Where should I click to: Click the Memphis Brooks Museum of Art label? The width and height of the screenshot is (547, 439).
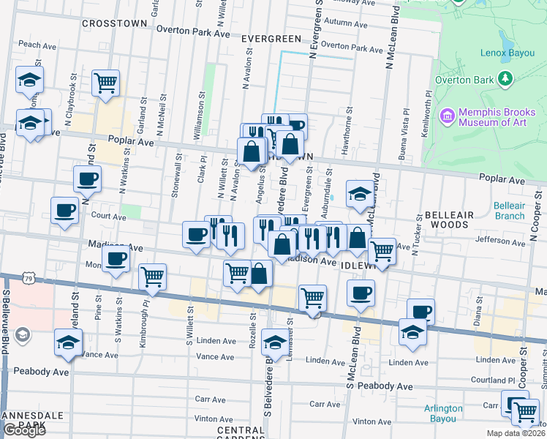tap(497, 121)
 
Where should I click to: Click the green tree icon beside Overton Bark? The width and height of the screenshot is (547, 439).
tap(504, 79)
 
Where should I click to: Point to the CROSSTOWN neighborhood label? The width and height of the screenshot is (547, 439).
tap(115, 23)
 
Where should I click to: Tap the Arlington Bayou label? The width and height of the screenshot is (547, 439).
tap(443, 413)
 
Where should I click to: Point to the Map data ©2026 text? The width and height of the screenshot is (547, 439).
tap(516, 433)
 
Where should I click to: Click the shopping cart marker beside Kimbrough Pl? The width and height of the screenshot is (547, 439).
tap(152, 277)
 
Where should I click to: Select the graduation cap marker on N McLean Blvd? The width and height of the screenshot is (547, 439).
tap(360, 194)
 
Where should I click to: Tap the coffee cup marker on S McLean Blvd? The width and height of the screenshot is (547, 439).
tap(360, 293)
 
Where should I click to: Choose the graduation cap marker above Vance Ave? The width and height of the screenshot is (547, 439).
tap(68, 342)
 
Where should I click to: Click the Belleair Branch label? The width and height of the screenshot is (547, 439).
tap(509, 211)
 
